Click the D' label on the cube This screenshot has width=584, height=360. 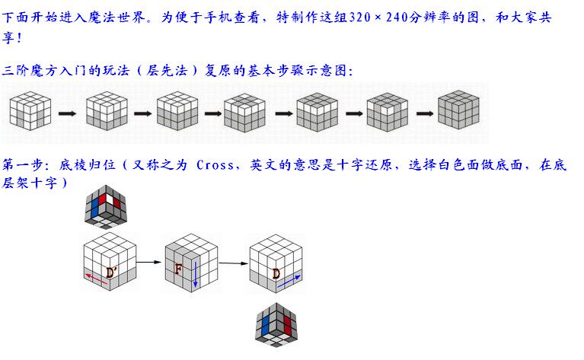tap(112, 272)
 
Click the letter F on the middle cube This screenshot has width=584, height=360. tap(178, 269)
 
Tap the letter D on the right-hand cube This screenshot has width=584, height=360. tap(276, 272)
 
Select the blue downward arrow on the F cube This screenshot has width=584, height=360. tap(195, 273)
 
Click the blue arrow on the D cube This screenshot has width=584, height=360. tap(289, 281)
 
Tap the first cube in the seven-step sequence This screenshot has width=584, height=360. tap(30, 111)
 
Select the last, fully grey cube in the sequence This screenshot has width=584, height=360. tap(458, 111)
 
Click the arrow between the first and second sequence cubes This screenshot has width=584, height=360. tap(68, 114)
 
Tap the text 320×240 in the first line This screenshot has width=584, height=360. tap(373, 18)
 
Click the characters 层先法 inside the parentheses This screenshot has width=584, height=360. tap(168, 71)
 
